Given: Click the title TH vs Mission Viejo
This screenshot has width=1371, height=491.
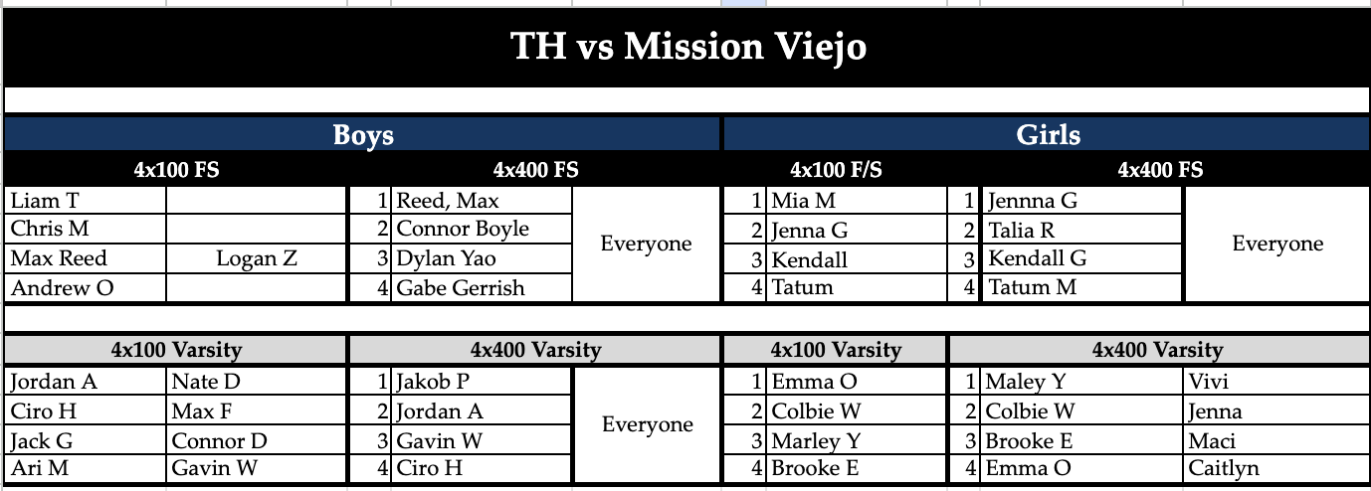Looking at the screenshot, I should (687, 46).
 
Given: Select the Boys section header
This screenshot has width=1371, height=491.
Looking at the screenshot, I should (363, 135).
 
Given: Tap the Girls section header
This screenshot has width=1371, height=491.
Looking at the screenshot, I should (1048, 135).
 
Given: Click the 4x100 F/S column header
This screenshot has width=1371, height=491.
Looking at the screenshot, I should (836, 170).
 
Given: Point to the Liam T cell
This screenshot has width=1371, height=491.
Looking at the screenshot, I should (44, 201).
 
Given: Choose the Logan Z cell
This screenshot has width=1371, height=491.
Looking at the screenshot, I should (257, 259).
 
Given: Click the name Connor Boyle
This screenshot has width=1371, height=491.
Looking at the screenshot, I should (463, 230).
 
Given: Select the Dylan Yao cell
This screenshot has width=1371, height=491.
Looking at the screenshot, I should (447, 259).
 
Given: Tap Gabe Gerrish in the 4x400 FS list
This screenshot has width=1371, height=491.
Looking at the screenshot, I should (461, 288).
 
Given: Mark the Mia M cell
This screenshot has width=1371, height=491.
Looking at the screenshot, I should (804, 201).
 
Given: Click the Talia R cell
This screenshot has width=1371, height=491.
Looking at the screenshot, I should (1022, 231).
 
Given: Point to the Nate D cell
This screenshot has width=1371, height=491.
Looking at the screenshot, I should (206, 382).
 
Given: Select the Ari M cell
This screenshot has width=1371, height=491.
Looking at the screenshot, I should (41, 469).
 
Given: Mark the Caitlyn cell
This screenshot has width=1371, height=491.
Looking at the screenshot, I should (1224, 469).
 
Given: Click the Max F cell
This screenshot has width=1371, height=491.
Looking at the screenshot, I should (202, 411).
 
